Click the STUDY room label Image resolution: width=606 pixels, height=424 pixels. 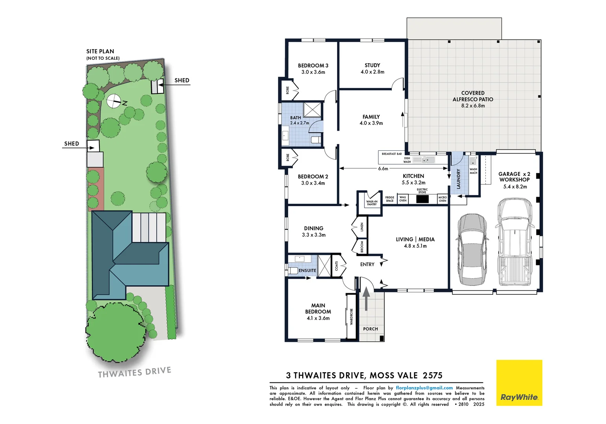click(x=372, y=65)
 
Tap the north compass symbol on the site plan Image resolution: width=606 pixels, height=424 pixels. click(x=114, y=101)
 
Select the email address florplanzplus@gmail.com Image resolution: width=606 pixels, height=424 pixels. click(x=424, y=388)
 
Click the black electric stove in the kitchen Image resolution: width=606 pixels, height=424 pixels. click(x=422, y=199)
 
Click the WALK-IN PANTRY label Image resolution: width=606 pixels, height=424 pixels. click(x=371, y=203)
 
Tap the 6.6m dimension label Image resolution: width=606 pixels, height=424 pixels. click(x=383, y=168)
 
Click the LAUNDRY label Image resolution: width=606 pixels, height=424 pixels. click(x=458, y=179)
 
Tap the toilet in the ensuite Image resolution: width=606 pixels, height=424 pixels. click(x=293, y=270)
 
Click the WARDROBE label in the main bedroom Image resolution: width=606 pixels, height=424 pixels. click(x=351, y=316)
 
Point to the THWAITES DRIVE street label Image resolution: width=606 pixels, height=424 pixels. click(x=134, y=372)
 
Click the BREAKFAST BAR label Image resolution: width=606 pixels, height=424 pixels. click(x=391, y=154)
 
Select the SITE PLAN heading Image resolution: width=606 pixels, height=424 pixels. click(x=100, y=51)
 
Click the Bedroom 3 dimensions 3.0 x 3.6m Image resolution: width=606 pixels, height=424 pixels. click(x=313, y=72)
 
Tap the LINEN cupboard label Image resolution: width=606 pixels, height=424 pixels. click(x=362, y=227)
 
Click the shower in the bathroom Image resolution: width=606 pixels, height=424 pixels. click(x=312, y=109)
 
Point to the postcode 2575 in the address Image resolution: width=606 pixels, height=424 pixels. click(x=432, y=375)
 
